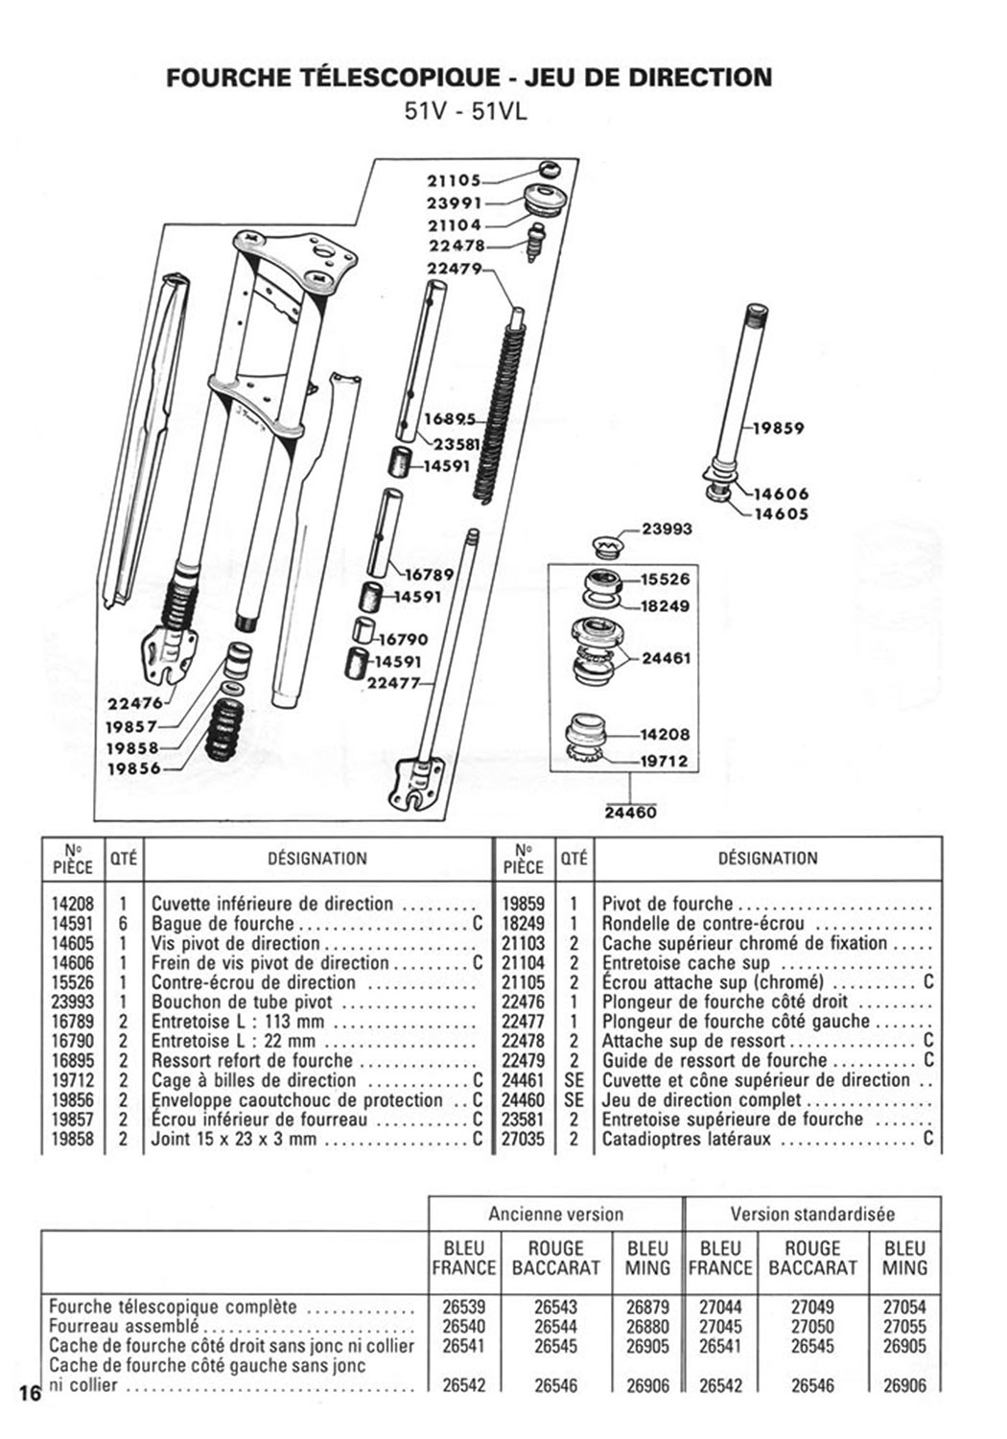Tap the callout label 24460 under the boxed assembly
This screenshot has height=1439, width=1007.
click(x=631, y=813)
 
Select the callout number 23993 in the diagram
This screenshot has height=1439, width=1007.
click(x=666, y=529)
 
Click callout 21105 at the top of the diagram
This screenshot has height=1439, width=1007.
click(x=453, y=179)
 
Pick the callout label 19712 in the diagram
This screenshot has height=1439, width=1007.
click(x=664, y=761)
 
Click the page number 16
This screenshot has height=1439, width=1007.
click(x=29, y=1394)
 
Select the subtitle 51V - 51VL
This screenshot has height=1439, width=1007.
click(x=466, y=111)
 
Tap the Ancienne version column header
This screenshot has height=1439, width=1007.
click(x=555, y=1214)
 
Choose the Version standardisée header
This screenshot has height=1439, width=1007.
click(x=812, y=1214)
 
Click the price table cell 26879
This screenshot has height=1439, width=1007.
click(x=647, y=1307)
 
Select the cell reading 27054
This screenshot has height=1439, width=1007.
click(x=904, y=1307)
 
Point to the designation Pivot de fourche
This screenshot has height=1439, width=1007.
click(x=667, y=904)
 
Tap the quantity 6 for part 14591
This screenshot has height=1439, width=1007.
click(x=124, y=924)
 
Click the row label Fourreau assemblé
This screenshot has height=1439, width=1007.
click(x=124, y=1327)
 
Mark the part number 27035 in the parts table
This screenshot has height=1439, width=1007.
click(x=523, y=1140)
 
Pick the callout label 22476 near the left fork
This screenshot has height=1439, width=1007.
click(x=133, y=702)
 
